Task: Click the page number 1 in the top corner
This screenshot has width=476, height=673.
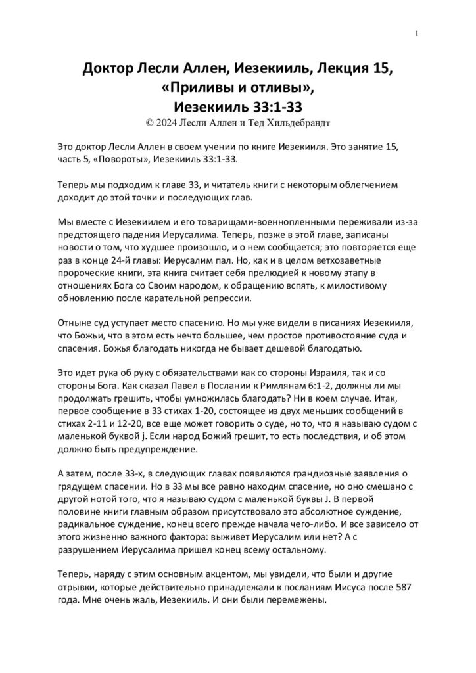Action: click(x=417, y=34)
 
